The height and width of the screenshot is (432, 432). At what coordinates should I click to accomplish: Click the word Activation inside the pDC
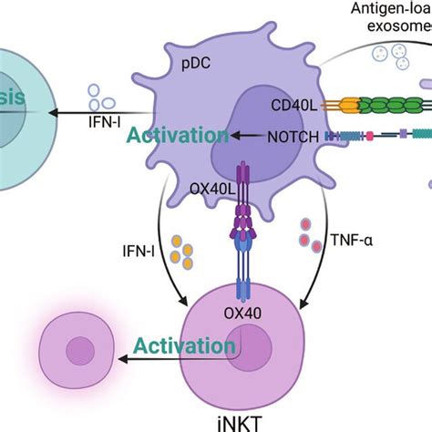(x=179, y=136)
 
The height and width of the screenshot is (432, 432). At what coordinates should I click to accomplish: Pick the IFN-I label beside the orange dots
(x=137, y=248)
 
